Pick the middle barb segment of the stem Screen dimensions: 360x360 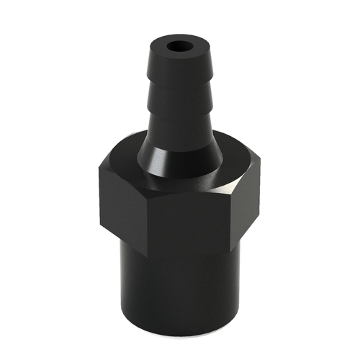177,101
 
